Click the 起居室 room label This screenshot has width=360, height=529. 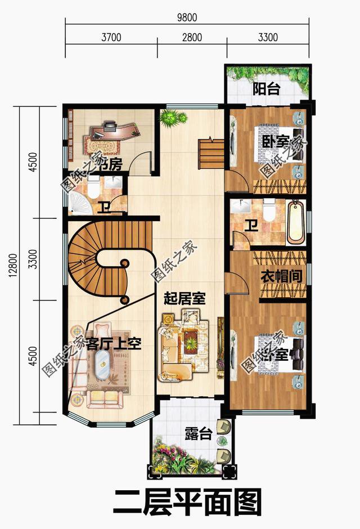[184, 298]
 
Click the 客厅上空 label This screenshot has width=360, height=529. [113, 344]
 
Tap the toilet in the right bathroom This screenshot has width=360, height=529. [268, 210]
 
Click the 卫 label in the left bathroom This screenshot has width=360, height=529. [102, 208]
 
